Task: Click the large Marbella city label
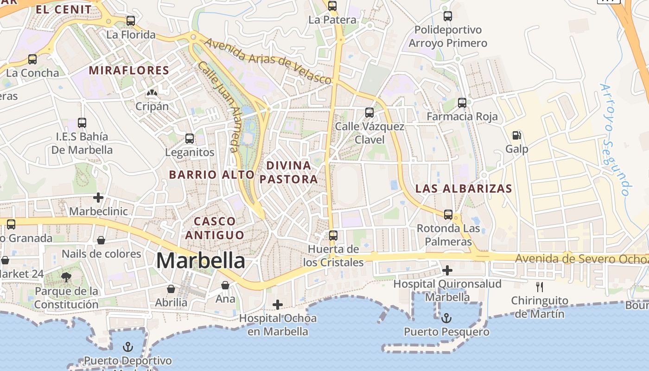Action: pyautogui.click(x=200, y=261)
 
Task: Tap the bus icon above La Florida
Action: pyautogui.click(x=131, y=21)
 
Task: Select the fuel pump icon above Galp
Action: pyautogui.click(x=516, y=135)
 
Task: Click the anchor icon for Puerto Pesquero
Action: pyautogui.click(x=446, y=318)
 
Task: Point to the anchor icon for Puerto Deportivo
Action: pyautogui.click(x=127, y=347)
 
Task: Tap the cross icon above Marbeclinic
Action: pyautogui.click(x=98, y=198)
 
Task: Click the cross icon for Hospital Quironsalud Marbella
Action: pyautogui.click(x=447, y=270)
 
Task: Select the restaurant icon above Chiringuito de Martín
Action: pyautogui.click(x=539, y=287)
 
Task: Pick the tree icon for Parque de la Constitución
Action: pyautogui.click(x=66, y=277)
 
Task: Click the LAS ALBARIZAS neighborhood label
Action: pyautogui.click(x=464, y=189)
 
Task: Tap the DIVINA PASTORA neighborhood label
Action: pyautogui.click(x=289, y=172)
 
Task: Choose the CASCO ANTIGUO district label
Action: pyautogui.click(x=215, y=228)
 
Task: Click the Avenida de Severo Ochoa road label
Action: pyautogui.click(x=582, y=258)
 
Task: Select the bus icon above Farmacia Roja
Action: pyautogui.click(x=462, y=103)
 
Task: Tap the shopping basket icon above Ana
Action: pyautogui.click(x=225, y=285)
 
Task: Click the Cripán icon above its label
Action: pyautogui.click(x=152, y=93)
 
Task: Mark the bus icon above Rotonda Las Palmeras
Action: pyautogui.click(x=448, y=215)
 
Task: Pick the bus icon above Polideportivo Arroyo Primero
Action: pyautogui.click(x=448, y=16)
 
